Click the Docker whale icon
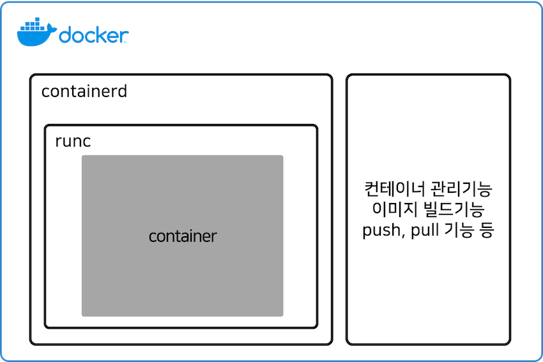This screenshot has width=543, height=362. pyautogui.click(x=36, y=34)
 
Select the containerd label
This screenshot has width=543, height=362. pyautogui.click(x=84, y=91)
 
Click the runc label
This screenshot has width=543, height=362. pyautogui.click(x=73, y=141)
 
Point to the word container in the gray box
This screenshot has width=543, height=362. pyautogui.click(x=183, y=236)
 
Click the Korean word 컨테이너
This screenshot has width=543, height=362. pyautogui.click(x=387, y=190)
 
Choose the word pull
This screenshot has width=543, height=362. pyautogui.click(x=421, y=231)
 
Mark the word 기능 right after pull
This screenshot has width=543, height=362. pyautogui.click(x=455, y=231)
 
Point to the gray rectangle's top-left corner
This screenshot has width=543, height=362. pyautogui.click(x=82, y=156)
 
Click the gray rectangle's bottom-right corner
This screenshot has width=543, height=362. pyautogui.click(x=282, y=315)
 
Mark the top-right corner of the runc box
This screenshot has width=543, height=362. pyautogui.click(x=316, y=126)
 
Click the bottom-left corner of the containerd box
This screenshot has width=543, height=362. pyautogui.click(x=31, y=343)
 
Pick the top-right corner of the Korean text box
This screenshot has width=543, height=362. pyautogui.click(x=509, y=76)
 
